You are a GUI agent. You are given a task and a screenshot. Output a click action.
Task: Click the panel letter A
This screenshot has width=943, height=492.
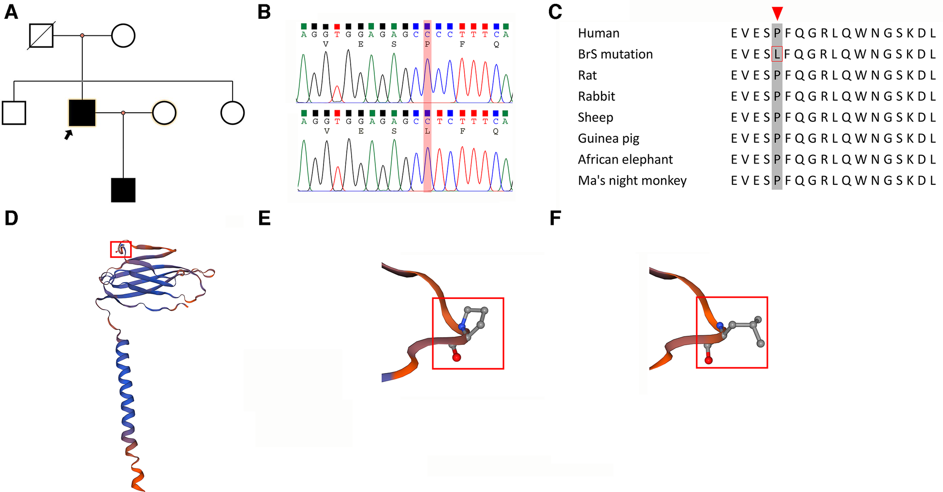click(x=11, y=12)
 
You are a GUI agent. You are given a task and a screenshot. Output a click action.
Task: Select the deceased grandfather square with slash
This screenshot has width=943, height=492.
click(x=42, y=35)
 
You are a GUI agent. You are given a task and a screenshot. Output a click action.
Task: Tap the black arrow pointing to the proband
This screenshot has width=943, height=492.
click(x=69, y=134)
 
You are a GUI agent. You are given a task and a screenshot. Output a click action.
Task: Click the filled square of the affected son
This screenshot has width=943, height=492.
click(x=123, y=190)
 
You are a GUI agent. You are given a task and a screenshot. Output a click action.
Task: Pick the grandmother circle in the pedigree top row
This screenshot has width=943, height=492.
click(x=123, y=35)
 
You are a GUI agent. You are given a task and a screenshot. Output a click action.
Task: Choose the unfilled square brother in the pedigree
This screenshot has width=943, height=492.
click(x=14, y=113)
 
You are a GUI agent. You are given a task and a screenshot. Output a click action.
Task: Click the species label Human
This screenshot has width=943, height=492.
click(x=598, y=33)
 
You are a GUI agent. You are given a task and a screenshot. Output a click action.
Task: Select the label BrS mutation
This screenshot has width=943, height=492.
click(x=615, y=54)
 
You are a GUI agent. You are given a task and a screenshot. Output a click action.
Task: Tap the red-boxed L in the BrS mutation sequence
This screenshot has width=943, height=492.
click(x=777, y=54)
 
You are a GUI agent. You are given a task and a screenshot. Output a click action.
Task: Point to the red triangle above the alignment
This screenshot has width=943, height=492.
click(x=777, y=13)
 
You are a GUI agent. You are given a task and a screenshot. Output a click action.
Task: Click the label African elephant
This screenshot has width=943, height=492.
click(x=625, y=160)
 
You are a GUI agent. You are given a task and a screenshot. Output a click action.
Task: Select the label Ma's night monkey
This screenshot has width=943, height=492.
click(x=632, y=180)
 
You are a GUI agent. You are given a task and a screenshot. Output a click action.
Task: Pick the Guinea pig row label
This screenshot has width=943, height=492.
click(x=608, y=138)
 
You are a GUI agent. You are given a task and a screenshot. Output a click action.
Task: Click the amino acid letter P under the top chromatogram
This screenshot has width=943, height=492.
click(x=427, y=45)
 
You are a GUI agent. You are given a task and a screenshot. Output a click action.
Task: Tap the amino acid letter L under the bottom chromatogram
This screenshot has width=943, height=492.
click(x=427, y=131)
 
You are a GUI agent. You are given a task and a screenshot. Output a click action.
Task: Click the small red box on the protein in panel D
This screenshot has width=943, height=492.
click(x=120, y=249)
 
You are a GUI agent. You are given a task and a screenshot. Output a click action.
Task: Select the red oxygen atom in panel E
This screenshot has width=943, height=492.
click(x=457, y=358)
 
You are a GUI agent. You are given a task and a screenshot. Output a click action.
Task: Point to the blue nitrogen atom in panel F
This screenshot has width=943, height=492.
click(x=720, y=326)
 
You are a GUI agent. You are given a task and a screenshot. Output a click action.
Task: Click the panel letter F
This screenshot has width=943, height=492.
click(x=555, y=219)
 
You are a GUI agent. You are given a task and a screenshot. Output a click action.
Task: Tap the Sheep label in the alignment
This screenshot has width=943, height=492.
click(x=595, y=118)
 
